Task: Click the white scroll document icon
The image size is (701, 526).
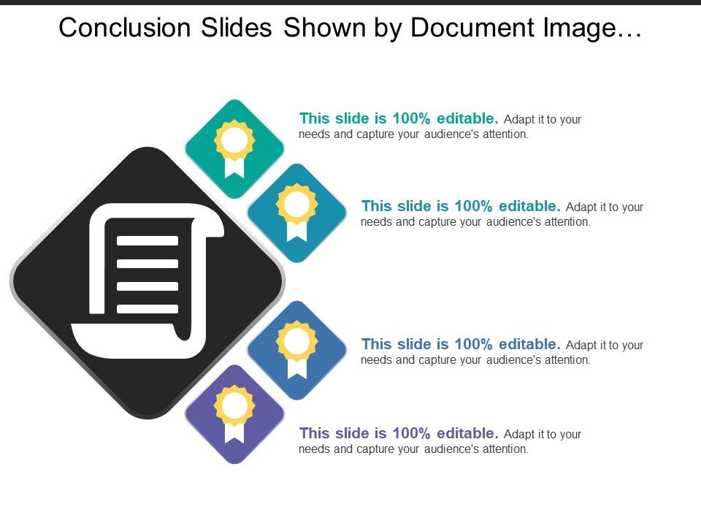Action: (146, 281)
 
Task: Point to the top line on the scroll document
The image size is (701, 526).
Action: (148, 240)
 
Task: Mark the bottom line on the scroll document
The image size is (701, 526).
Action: (148, 309)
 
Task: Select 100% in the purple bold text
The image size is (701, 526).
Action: (413, 433)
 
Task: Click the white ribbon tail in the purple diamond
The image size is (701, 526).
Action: (234, 432)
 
